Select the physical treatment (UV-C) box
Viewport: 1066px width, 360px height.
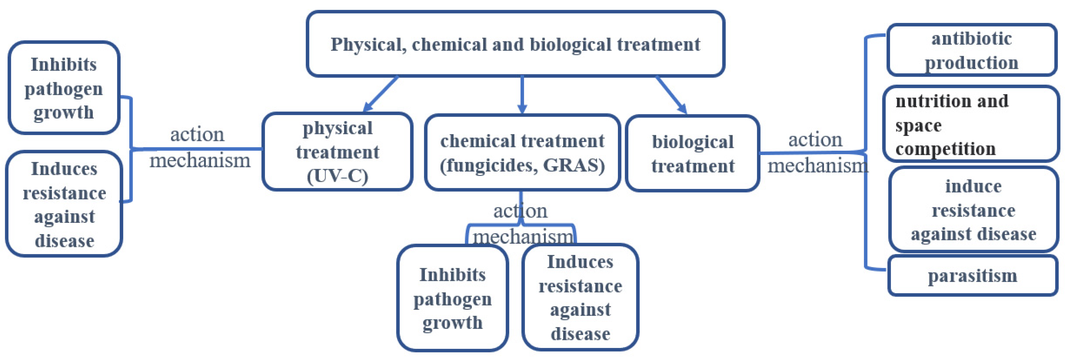click(x=337, y=151)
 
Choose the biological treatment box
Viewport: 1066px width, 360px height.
click(x=693, y=153)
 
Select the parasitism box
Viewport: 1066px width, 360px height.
click(x=972, y=276)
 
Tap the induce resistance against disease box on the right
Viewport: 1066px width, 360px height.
click(x=973, y=210)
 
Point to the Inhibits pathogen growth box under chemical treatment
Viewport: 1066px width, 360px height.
click(x=452, y=298)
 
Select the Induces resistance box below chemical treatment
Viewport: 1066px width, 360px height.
click(x=580, y=297)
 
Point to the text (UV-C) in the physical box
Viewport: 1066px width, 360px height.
click(x=337, y=176)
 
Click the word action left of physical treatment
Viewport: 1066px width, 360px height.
click(x=197, y=134)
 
